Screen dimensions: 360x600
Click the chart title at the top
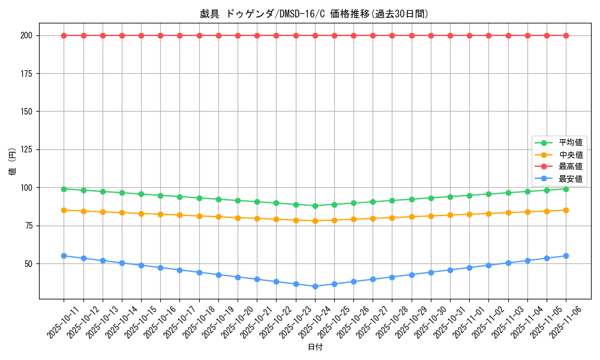(x=314, y=14)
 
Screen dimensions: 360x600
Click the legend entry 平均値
(x=570, y=143)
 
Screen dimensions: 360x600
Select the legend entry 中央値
(x=570, y=155)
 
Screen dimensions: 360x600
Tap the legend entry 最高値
(x=570, y=167)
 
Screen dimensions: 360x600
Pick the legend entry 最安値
(x=570, y=179)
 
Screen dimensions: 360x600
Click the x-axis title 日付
(x=315, y=347)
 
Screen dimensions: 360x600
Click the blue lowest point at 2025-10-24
(x=315, y=286)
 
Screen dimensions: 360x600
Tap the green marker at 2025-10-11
(x=64, y=189)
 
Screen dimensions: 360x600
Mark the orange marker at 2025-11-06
(x=566, y=210)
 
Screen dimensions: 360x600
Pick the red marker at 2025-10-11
(x=64, y=35)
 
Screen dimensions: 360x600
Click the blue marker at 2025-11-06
(x=566, y=256)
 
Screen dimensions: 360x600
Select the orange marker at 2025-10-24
(x=315, y=221)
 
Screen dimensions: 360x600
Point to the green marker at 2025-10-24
(x=315, y=206)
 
